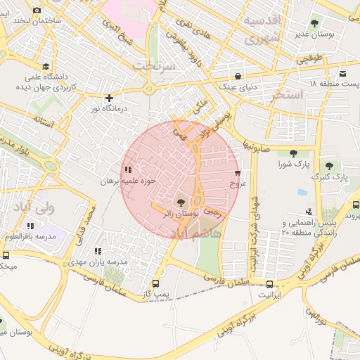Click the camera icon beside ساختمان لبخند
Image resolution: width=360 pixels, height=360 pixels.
click(37, 10)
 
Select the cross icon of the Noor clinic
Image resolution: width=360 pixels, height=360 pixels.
click(108, 98)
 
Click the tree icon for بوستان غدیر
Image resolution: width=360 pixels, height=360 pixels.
click(314, 23)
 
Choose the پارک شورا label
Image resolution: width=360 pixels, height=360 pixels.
click(293, 165)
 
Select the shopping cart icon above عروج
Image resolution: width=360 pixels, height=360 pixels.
click(238, 172)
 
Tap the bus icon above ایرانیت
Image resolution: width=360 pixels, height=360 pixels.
click(270, 285)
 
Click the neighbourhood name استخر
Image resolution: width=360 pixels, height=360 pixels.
click(285, 94)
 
